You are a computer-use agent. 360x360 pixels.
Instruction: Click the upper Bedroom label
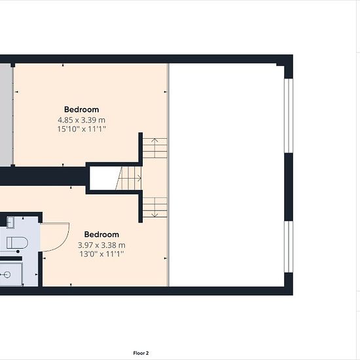82,109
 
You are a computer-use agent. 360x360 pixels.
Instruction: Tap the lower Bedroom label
101,234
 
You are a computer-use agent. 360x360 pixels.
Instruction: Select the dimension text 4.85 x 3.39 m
82,120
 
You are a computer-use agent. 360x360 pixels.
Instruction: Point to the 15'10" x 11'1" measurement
82,129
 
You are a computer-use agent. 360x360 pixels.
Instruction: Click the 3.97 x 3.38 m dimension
101,245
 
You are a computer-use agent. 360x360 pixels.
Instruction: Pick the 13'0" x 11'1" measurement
101,254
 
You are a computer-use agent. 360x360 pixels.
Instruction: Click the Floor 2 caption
141,353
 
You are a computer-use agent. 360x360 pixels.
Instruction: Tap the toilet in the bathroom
17,243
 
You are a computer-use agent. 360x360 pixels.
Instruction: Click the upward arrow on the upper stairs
154,148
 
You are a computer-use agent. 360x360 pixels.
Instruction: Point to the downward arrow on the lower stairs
154,207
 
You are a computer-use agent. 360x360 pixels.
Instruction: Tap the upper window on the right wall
289,116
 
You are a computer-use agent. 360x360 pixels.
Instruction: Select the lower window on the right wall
289,247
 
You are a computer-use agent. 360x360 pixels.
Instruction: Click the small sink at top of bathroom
10,222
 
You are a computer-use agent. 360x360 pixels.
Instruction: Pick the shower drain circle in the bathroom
7,275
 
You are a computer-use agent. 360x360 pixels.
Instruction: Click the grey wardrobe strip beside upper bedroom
5,115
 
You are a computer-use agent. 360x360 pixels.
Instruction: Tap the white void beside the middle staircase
105,178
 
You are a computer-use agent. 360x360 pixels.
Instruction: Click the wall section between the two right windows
289,187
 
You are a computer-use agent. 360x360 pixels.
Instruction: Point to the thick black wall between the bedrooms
44,176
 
